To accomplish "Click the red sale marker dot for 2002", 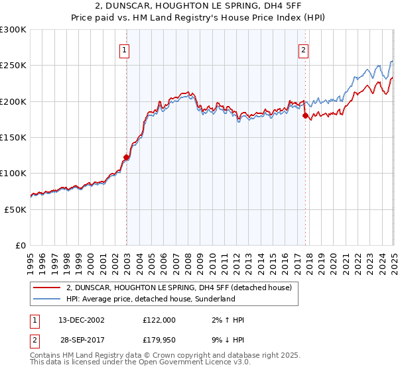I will point(126,158).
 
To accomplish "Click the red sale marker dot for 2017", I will point(305,116).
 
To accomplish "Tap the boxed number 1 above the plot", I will point(125,48).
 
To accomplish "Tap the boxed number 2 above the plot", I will point(304,48).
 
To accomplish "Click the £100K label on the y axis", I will point(13,173).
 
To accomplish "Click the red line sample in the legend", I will point(46,288).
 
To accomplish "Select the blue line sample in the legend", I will point(46,299).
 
